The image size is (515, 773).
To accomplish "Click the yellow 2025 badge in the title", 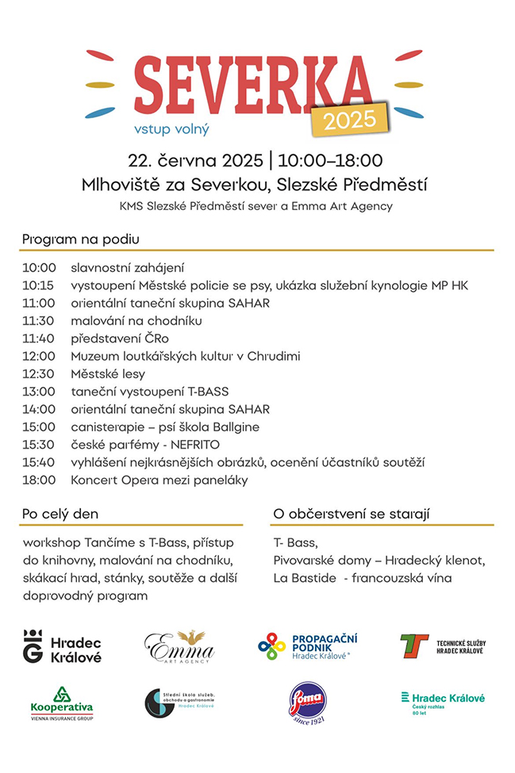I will coord(350,118).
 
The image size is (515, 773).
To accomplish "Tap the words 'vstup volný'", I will coord(172,126).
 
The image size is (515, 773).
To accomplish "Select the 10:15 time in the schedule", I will coord(39,285).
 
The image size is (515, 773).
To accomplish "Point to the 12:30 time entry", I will coord(39,374).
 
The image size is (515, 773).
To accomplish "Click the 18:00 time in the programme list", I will coord(39,480).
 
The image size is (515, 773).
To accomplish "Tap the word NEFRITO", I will coord(194,445).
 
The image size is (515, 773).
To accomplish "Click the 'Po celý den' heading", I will coord(60,514).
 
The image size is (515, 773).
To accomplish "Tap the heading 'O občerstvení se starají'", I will coord(351,514).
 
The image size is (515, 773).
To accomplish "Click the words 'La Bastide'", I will coord(301,578).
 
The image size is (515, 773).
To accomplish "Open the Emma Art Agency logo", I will coord(179,647).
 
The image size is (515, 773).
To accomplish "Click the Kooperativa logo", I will coord(61,702).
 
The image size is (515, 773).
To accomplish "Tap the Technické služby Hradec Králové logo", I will coord(442,645).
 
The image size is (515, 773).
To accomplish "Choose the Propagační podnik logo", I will coord(308,646).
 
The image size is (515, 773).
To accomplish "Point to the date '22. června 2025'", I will coord(195,161).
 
